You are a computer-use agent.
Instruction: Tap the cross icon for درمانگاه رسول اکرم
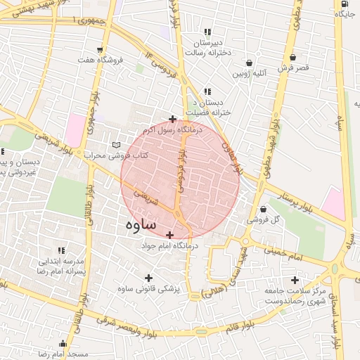(172, 119)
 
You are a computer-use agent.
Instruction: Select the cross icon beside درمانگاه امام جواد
(169, 234)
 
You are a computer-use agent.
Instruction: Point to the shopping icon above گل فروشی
(263, 208)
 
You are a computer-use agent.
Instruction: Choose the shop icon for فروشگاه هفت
(100, 50)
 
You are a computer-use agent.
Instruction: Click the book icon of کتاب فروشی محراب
(117, 145)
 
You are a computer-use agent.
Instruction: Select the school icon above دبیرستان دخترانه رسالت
(207, 32)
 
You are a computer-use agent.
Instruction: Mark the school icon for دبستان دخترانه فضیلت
(207, 91)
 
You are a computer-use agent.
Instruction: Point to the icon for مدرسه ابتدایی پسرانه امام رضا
(61, 250)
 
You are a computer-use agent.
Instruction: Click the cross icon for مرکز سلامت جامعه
(295, 280)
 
